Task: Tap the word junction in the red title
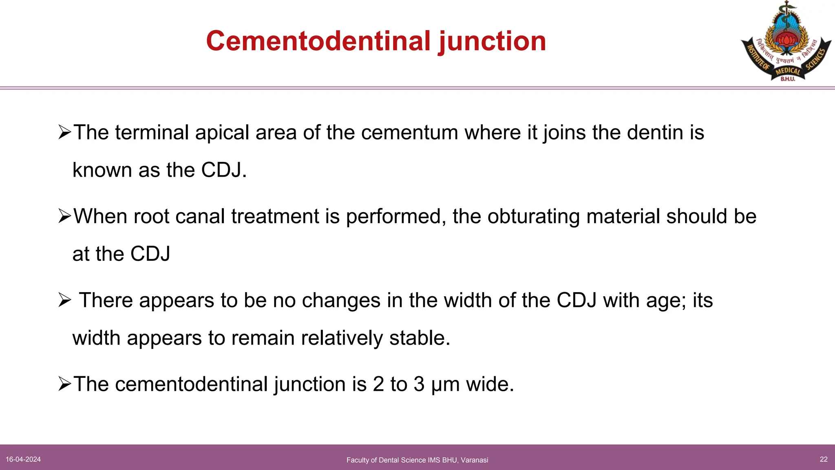pos(492,42)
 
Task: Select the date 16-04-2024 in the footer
pos(23,459)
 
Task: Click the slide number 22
pos(824,459)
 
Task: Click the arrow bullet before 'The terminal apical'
pos(64,132)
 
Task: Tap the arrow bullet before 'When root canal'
pos(64,216)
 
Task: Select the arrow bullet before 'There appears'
pos(64,300)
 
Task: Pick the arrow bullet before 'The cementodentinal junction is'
pos(64,384)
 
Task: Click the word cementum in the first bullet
pos(409,133)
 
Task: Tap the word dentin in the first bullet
pos(655,133)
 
